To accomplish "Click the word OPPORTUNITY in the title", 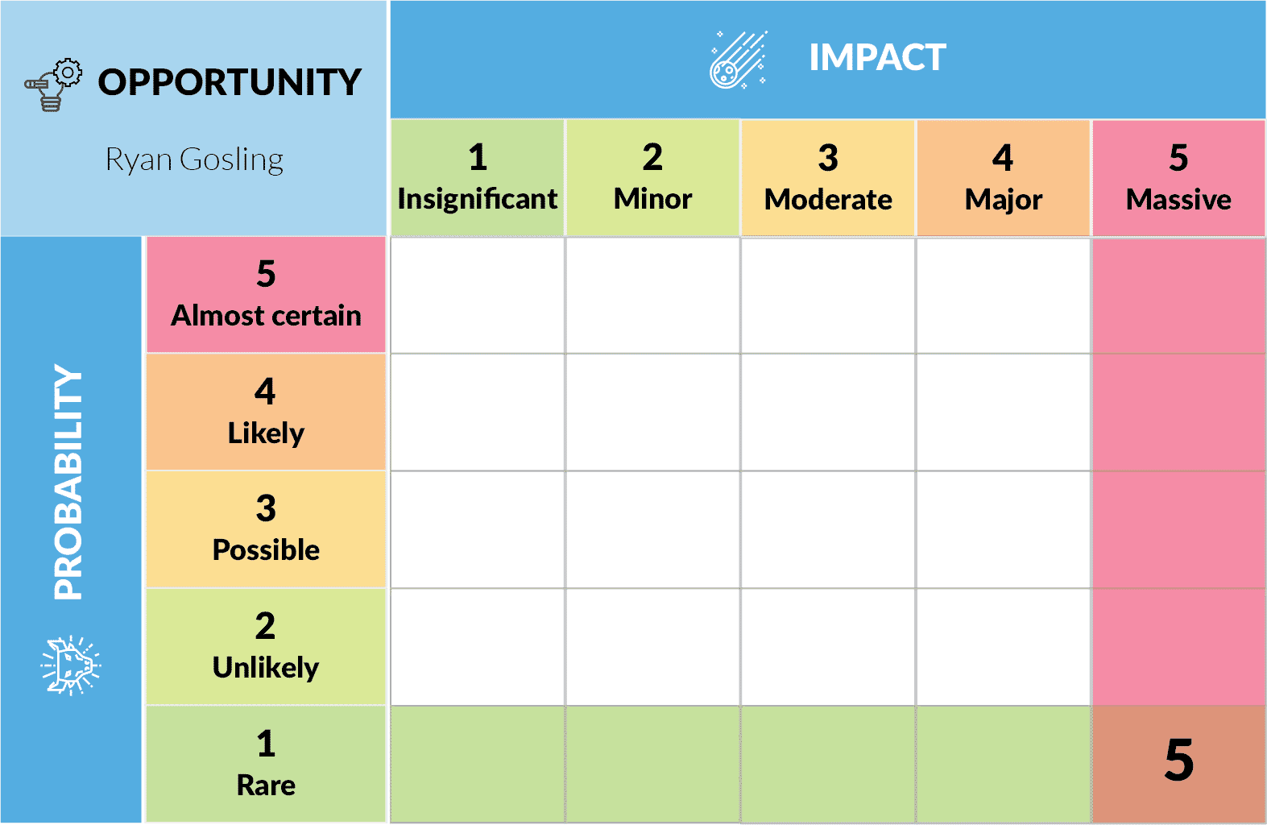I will [230, 82].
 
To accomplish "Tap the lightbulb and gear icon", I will [53, 85].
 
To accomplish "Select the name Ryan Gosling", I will [194, 160].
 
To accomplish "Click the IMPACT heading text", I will [877, 58].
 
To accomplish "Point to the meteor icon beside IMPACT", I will [738, 60].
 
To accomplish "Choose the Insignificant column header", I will [478, 178].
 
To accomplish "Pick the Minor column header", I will [652, 178].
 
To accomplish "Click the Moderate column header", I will [828, 178].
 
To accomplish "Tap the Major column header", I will [1004, 178].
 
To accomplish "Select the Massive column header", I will [1178, 178].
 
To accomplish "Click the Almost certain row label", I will [266, 295].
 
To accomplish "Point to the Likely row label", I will [266, 412].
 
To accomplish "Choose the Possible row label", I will [266, 529].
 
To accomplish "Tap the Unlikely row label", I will [266, 647].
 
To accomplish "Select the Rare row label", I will [266, 764].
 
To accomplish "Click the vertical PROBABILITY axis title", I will [68, 482].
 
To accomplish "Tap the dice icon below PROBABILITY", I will [71, 665].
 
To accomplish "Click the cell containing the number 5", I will [1178, 763].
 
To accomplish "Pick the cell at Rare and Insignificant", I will [478, 763].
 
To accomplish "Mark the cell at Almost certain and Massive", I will [1178, 295].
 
